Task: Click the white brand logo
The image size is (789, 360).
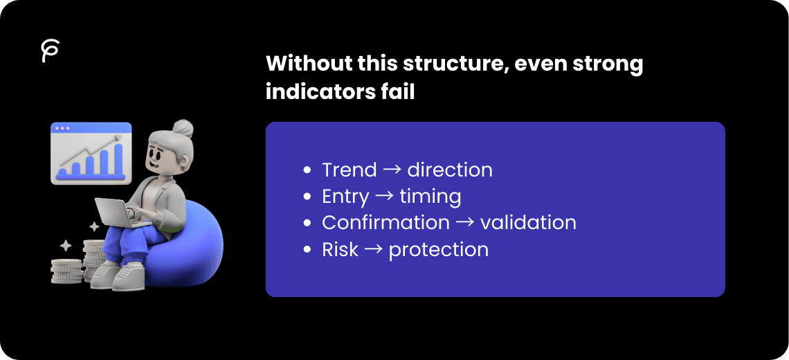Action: [50, 51]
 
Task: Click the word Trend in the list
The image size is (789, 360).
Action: [350, 170]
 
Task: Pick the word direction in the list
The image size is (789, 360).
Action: [450, 170]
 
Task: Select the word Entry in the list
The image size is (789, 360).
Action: [345, 197]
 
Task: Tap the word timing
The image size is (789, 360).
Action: [430, 197]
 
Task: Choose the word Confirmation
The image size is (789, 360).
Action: [386, 223]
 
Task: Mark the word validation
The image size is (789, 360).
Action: [528, 223]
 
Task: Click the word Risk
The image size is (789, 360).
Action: [341, 249]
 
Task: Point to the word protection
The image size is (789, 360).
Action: [439, 249]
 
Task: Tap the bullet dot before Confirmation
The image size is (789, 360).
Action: [307, 224]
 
